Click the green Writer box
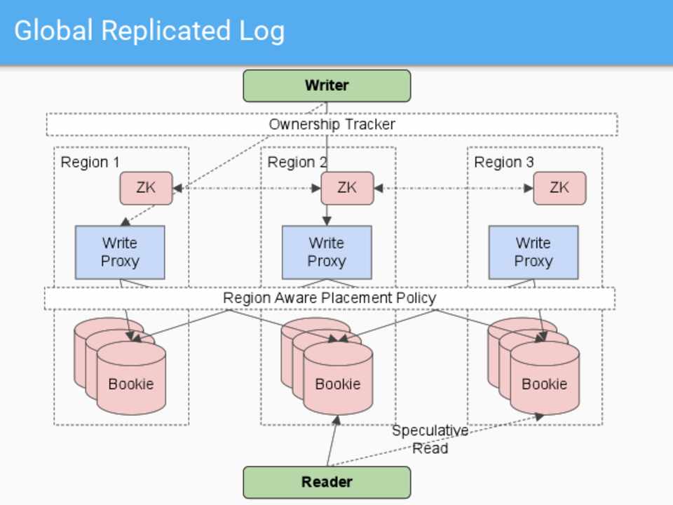click(x=327, y=86)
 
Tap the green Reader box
click(x=327, y=482)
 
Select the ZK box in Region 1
click(x=146, y=188)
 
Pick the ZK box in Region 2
click(x=347, y=188)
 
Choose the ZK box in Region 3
click(x=559, y=188)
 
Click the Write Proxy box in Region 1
click(x=120, y=252)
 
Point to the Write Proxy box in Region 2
click(x=327, y=252)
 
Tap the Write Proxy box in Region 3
click(x=533, y=252)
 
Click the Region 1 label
click(x=90, y=163)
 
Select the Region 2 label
click(x=297, y=163)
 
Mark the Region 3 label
click(x=503, y=163)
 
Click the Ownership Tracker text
click(x=332, y=124)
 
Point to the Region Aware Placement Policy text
click(x=329, y=298)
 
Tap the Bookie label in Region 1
click(x=130, y=384)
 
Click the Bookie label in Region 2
click(x=337, y=384)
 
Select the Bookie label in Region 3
click(x=544, y=384)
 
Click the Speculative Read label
click(x=430, y=439)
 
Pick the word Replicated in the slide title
click(x=165, y=32)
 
